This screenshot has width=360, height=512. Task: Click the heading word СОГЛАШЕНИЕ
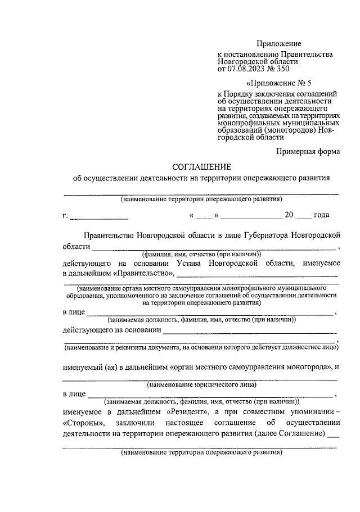[201, 167]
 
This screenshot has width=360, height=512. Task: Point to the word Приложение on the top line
[279, 43]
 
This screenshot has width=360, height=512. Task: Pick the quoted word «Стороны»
[84, 423]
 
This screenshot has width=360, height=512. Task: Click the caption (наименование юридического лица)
[201, 385]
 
